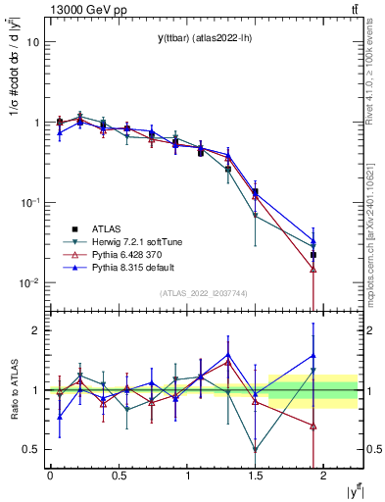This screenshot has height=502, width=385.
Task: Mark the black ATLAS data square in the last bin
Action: [x=313, y=255]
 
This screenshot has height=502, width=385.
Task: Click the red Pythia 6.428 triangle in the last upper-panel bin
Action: [x=313, y=269]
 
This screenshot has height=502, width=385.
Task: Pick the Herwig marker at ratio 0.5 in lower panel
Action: [x=256, y=450]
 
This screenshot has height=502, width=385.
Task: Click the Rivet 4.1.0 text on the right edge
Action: [x=376, y=69]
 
